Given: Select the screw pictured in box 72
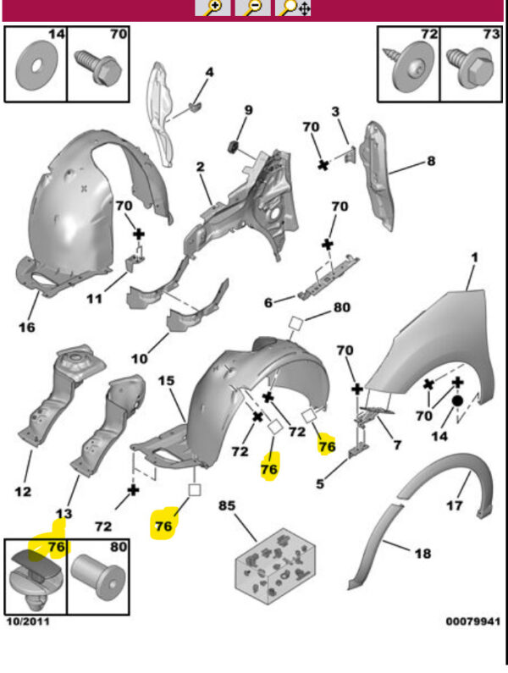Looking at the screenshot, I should pos(411,71).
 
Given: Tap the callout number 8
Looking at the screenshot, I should pos(430,160).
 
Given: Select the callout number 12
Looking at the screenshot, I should pos(23,491).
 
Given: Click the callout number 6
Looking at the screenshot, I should pos(268,303).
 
